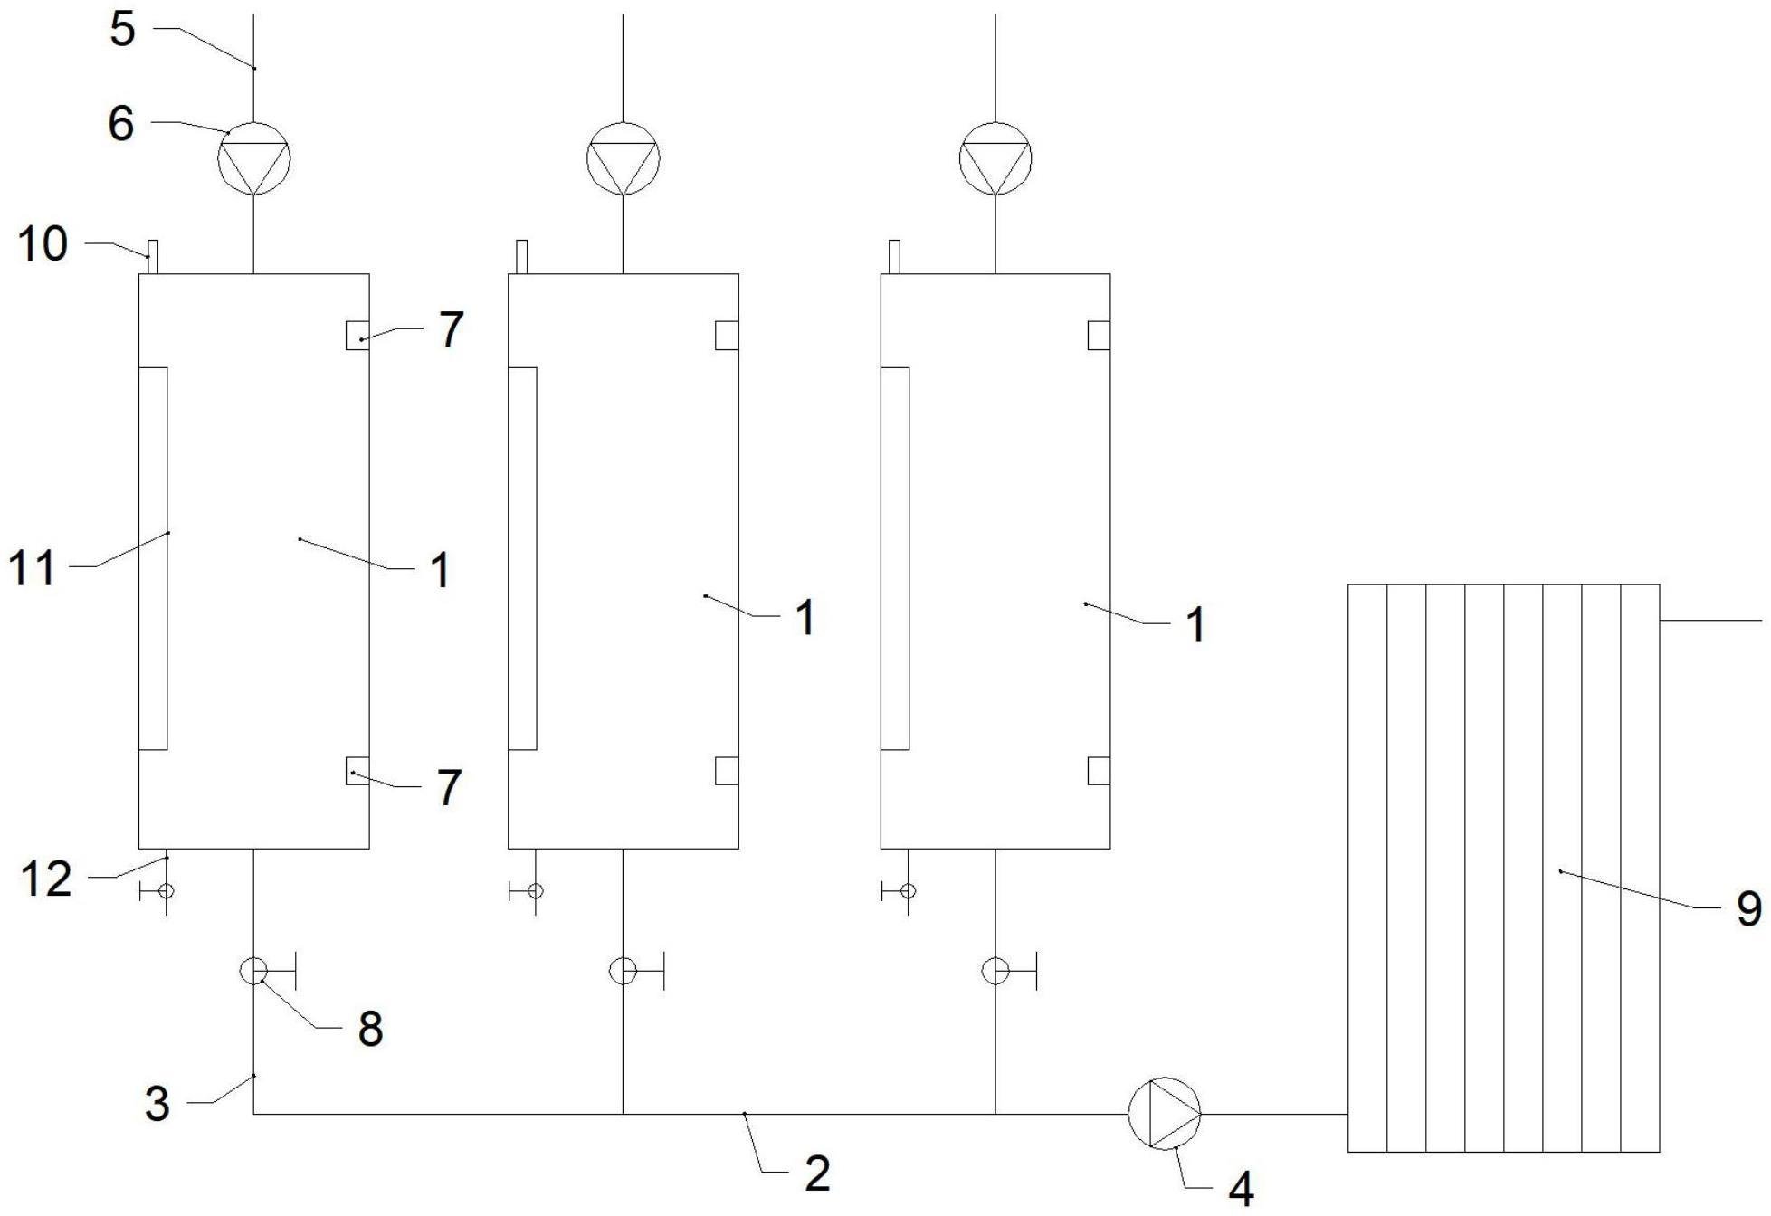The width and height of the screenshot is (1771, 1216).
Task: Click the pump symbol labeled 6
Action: pyautogui.click(x=253, y=157)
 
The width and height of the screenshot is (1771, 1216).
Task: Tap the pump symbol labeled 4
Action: pyautogui.click(x=1164, y=1114)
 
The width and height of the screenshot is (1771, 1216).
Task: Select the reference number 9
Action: pyautogui.click(x=1748, y=908)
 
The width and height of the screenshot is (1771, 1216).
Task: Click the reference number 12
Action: pyautogui.click(x=45, y=879)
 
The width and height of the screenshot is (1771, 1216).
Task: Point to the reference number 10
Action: pyautogui.click(x=43, y=243)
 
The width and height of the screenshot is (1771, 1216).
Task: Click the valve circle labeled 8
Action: pyautogui.click(x=252, y=970)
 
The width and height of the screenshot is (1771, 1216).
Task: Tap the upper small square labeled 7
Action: pyautogui.click(x=357, y=335)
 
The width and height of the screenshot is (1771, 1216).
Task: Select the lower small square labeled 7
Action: pyautogui.click(x=357, y=770)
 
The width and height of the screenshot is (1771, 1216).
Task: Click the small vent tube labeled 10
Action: pyautogui.click(x=153, y=256)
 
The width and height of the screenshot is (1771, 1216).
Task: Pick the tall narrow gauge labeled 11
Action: pyautogui.click(x=153, y=558)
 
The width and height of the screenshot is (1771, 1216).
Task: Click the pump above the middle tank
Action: pyautogui.click(x=623, y=157)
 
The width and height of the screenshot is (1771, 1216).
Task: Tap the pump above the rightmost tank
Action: pyautogui.click(x=995, y=157)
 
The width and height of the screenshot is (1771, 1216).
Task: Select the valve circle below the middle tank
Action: pyautogui.click(x=623, y=970)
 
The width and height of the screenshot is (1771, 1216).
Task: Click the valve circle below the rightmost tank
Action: pyautogui.click(x=995, y=970)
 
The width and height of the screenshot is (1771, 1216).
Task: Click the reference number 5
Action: pyautogui.click(x=122, y=29)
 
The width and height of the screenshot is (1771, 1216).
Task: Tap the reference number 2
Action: pyautogui.click(x=817, y=1173)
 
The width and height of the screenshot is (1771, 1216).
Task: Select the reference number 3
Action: pyautogui.click(x=157, y=1104)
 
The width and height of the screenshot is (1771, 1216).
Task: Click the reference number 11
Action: pyautogui.click(x=32, y=570)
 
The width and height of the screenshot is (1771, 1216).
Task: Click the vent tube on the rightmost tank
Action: pyautogui.click(x=894, y=256)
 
